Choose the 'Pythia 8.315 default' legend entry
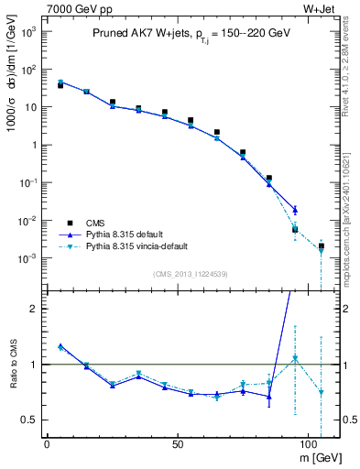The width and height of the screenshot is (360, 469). pos(125,234)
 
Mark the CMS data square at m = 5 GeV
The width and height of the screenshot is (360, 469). pos(60,85)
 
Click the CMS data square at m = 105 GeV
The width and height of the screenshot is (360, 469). pos(322,245)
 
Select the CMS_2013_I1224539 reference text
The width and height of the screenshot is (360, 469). pos(190,273)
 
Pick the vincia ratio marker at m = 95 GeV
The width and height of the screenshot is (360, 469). pos(295,358)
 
